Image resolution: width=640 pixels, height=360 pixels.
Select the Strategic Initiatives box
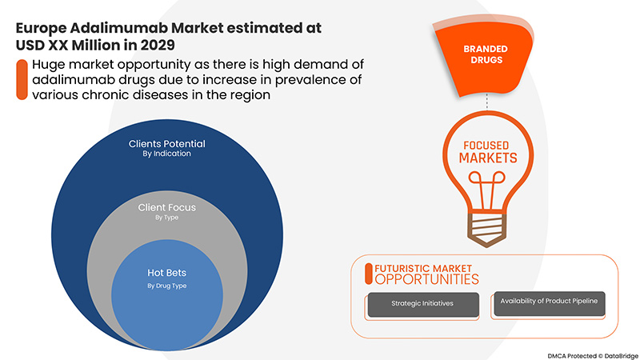tap(422, 305)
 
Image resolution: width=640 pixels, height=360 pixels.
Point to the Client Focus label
tap(166, 207)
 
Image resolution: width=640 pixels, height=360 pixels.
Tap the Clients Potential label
tap(166, 144)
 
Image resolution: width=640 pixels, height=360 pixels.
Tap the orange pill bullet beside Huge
tap(19, 79)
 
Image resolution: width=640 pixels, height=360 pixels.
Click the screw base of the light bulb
tap(487, 225)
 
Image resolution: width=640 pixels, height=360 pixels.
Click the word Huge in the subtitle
tap(48, 65)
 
